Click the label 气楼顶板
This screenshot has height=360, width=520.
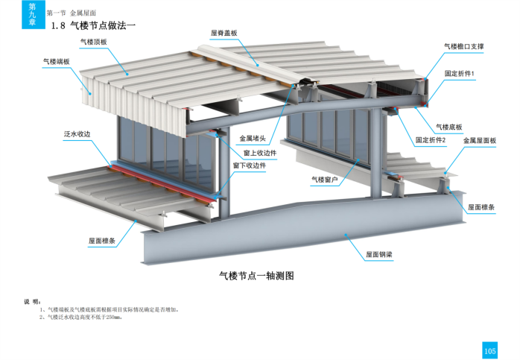click(x=94, y=42)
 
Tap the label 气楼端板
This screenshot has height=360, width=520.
click(x=57, y=62)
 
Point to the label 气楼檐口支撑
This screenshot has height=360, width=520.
click(x=463, y=46)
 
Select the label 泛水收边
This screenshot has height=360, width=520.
click(x=77, y=134)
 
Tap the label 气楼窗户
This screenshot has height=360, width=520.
click(x=325, y=180)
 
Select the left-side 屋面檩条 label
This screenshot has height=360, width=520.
click(x=101, y=241)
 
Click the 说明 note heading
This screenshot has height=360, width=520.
click(x=31, y=302)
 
